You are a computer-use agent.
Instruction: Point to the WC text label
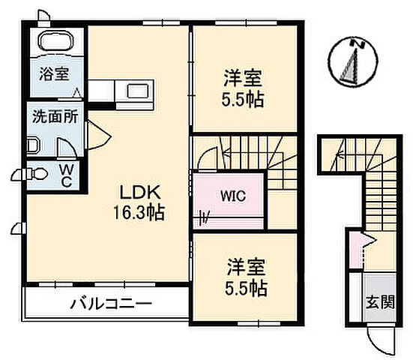pos(66,175)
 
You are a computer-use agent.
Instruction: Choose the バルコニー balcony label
pos(112,305)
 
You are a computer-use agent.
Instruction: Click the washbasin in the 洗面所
pos(32,145)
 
